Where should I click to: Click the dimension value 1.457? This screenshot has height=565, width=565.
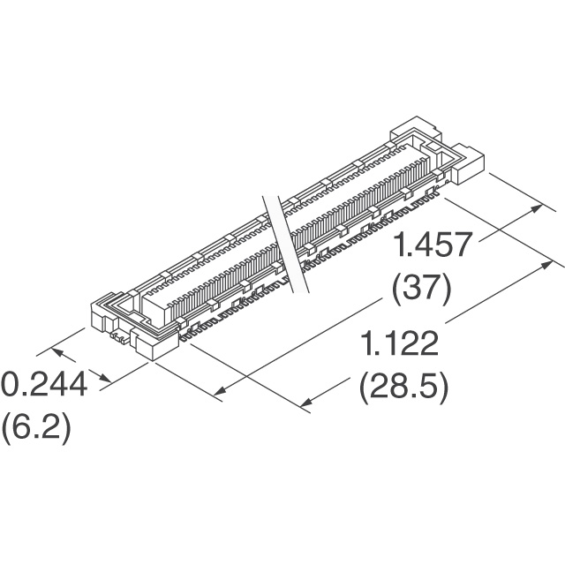(433, 245)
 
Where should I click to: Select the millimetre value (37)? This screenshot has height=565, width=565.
(422, 290)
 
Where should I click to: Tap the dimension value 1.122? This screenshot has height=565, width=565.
(400, 343)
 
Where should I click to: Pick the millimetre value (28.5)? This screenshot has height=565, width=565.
(404, 388)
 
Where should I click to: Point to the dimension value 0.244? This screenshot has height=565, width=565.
(44, 384)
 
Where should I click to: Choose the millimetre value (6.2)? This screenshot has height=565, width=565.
(36, 429)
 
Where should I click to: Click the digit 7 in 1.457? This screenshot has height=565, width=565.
(463, 245)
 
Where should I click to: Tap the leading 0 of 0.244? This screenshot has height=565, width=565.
(11, 384)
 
